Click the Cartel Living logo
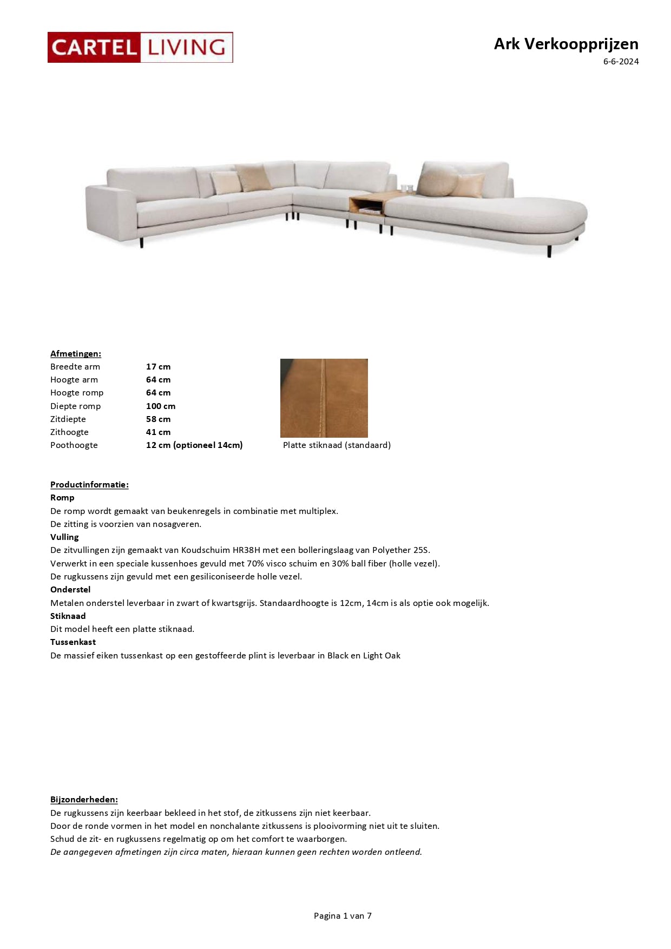(x=140, y=47)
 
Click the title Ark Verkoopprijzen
(x=565, y=44)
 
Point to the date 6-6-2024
(x=621, y=62)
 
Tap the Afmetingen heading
(x=76, y=354)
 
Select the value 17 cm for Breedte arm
(x=158, y=367)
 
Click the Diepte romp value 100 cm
(x=161, y=406)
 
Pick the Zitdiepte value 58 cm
(x=158, y=419)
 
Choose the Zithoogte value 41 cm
(x=158, y=432)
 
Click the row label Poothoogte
(x=74, y=445)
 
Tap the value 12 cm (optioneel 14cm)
(x=194, y=445)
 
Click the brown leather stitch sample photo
(x=324, y=398)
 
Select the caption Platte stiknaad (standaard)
(x=337, y=445)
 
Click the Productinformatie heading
(x=89, y=485)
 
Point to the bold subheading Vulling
(x=64, y=537)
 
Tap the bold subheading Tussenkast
(x=73, y=642)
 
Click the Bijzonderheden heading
(x=84, y=800)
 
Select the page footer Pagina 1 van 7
(x=343, y=916)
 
